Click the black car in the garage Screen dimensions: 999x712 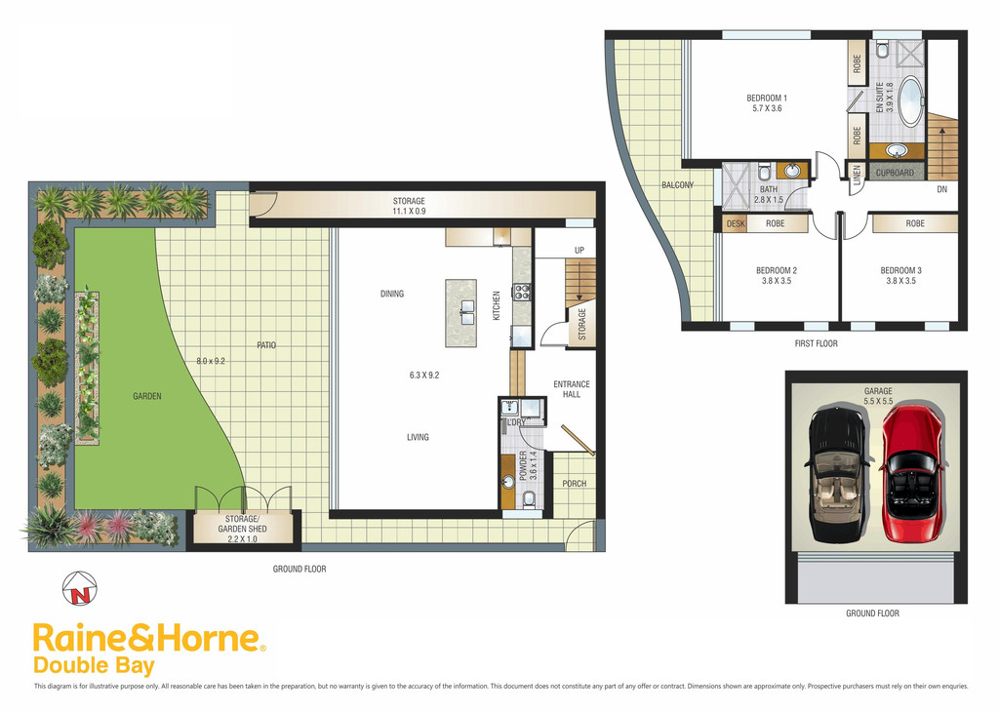837,475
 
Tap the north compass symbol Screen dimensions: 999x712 80,588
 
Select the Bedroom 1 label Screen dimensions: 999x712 767,103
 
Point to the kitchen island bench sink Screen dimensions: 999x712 461,307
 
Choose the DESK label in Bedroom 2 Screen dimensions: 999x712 736,223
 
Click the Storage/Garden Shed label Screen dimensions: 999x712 242,529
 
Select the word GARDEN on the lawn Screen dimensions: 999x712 147,396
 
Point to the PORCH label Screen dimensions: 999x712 574,484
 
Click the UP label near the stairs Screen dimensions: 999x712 579,251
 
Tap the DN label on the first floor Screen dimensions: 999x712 941,189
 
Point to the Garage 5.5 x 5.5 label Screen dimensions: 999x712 878,396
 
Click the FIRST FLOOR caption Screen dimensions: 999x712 817,343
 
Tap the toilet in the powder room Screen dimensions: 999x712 530,499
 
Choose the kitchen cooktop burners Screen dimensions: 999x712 522,292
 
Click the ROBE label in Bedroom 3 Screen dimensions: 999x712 915,223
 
